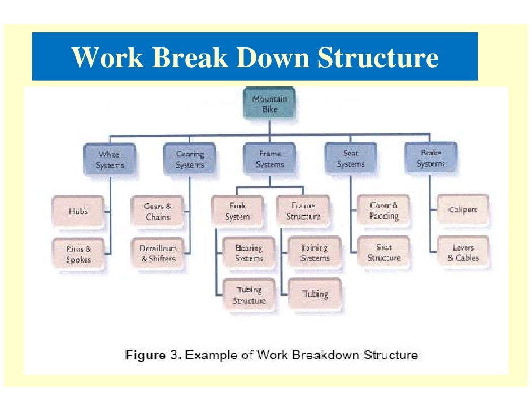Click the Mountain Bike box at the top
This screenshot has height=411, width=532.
pos(269,103)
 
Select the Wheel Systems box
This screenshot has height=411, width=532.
pos(110,159)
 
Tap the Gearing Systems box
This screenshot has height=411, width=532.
pos(190,159)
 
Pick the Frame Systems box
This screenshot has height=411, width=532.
pos(270,159)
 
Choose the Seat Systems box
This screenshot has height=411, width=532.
pos(351,159)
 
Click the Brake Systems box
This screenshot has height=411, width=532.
pos(430,158)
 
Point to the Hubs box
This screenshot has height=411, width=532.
pos(78,211)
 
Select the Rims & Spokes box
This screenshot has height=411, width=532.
pos(78,254)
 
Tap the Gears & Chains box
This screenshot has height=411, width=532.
pos(158,212)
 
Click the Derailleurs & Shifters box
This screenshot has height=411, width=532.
pos(158,253)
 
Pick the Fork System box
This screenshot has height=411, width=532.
pos(237,211)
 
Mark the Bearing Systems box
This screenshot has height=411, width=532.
pos(249,253)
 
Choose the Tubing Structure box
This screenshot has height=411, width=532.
pos(249,295)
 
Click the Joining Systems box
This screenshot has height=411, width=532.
pos(315,253)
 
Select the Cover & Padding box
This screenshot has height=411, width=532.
pos(384,211)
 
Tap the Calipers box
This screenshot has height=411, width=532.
pos(463,210)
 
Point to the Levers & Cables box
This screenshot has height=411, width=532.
pos(463,252)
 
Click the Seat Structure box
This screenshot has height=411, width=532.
pos(384,252)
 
